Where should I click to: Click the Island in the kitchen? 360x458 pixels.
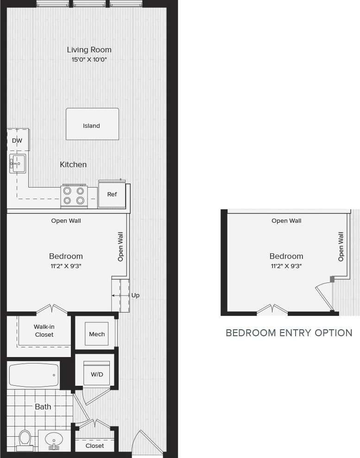pos(92,124)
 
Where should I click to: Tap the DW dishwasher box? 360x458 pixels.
pos(18,140)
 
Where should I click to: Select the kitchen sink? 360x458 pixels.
pos(18,163)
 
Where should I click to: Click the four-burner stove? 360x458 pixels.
pos(74,195)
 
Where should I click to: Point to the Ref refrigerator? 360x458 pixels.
pos(112,194)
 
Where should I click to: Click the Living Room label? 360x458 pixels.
pos(89,50)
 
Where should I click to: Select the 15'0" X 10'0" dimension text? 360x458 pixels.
pos(89,60)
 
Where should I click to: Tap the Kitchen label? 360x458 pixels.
pos(73,164)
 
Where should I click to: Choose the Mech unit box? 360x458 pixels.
pos(97,334)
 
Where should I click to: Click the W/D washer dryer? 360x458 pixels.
pos(97,374)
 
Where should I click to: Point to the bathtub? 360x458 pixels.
pos(34,375)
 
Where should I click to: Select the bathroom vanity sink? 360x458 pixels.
pos(55,439)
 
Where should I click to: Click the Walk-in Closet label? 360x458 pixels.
pos(44,331)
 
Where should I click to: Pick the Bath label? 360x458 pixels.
pos(43,407)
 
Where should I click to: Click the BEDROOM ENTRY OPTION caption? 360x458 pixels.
pos(289,333)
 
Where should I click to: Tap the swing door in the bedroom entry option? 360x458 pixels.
pos(324,296)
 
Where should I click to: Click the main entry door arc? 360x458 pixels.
pos(147,443)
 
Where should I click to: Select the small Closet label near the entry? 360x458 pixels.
pos(95,445)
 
